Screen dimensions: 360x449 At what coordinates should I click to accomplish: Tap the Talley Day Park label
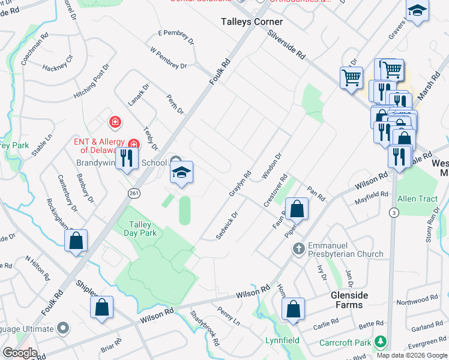point(140,229)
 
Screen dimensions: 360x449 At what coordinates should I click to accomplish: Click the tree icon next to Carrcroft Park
point(379,341)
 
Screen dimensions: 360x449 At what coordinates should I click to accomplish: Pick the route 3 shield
point(393,212)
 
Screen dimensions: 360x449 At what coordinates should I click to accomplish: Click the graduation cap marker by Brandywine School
point(181,173)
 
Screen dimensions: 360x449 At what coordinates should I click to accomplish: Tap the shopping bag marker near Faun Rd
point(297,209)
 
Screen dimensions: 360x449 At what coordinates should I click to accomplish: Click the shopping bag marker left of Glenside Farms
point(293,310)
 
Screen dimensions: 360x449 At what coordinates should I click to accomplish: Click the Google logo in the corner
point(19,353)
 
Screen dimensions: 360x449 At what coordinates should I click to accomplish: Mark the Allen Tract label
point(415,197)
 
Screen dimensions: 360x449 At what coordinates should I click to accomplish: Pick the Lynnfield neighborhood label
point(283,340)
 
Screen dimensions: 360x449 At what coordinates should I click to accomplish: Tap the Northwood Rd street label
point(421,299)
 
